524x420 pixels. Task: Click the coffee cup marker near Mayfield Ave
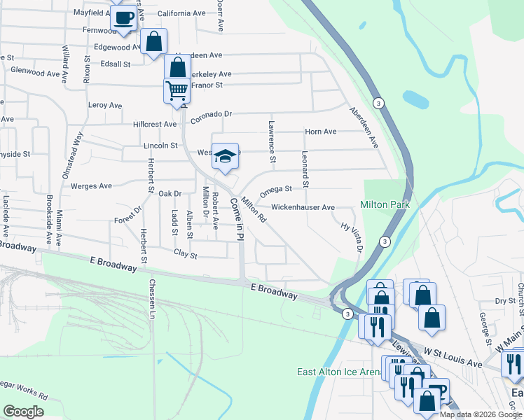pyautogui.click(x=125, y=18)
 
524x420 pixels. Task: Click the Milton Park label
pyautogui.click(x=385, y=204)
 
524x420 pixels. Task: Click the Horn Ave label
pyautogui.click(x=320, y=132)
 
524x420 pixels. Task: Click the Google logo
pyautogui.click(x=23, y=411)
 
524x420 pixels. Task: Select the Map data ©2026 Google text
pyautogui.click(x=481, y=414)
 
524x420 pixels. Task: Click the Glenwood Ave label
pyautogui.click(x=36, y=73)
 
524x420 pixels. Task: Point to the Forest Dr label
pyautogui.click(x=128, y=215)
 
